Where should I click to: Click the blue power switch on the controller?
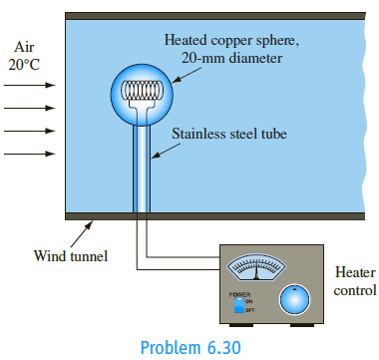(238, 305)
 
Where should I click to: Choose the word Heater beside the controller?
(355, 272)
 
